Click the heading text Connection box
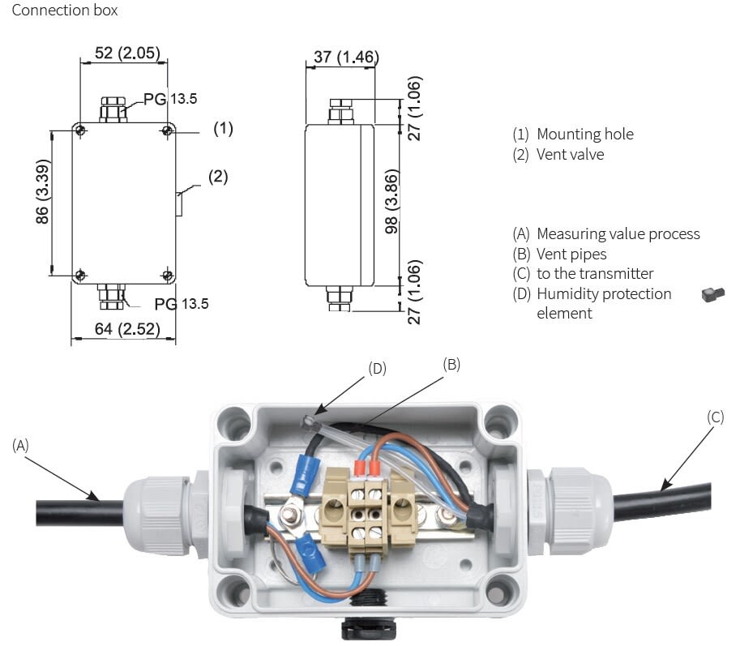point(65,11)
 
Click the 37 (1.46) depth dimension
point(340,57)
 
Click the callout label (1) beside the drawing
point(223,128)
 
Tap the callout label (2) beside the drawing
point(218,176)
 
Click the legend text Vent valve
point(570,154)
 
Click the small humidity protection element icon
point(712,295)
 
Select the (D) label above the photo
point(377,368)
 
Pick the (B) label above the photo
point(451,364)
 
